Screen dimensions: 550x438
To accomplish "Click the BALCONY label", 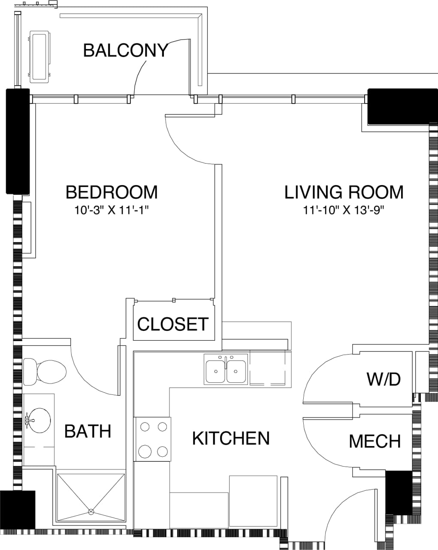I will [125, 50].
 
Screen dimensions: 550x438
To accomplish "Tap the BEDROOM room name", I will [112, 192].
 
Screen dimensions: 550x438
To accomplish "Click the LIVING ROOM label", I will [344, 192].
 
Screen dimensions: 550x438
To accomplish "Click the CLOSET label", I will [173, 324].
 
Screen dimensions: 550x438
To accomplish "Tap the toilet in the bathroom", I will [45, 372].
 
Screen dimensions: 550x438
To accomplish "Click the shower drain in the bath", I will [91, 511].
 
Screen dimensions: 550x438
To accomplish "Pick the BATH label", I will [88, 431].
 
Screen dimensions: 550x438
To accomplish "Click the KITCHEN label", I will [231, 438].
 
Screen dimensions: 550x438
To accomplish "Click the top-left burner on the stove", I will [145, 427].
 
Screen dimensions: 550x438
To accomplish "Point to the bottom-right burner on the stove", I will [162, 452].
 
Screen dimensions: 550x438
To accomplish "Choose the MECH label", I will [375, 441].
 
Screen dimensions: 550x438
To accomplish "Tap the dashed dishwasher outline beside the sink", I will [267, 369].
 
